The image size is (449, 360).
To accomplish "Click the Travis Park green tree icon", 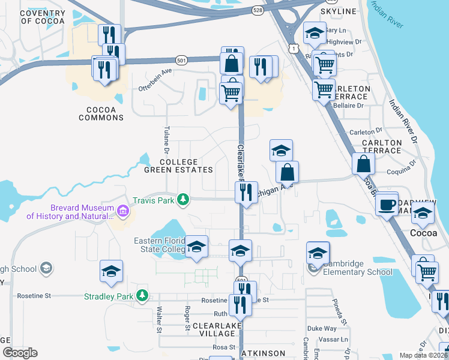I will pos(187,199).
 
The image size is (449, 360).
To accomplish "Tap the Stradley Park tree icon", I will pos(142,295).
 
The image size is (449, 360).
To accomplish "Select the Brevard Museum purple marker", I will pos(123,211).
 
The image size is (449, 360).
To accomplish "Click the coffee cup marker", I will pos(387,204).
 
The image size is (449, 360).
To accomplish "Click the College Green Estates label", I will pos(170,166).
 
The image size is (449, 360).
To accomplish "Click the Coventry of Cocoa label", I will pos(43,17).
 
